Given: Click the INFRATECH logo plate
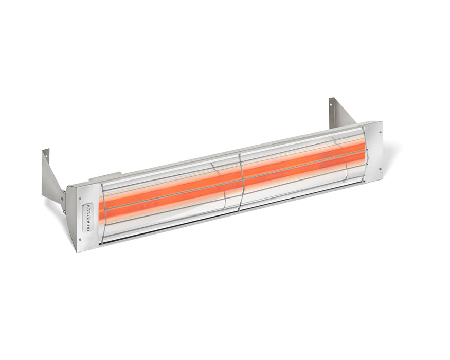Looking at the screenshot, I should [88, 217].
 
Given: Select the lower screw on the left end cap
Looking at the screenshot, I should [80, 239].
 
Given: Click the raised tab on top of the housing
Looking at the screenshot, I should [105, 177].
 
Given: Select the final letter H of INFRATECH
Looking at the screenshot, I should [88, 205].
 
